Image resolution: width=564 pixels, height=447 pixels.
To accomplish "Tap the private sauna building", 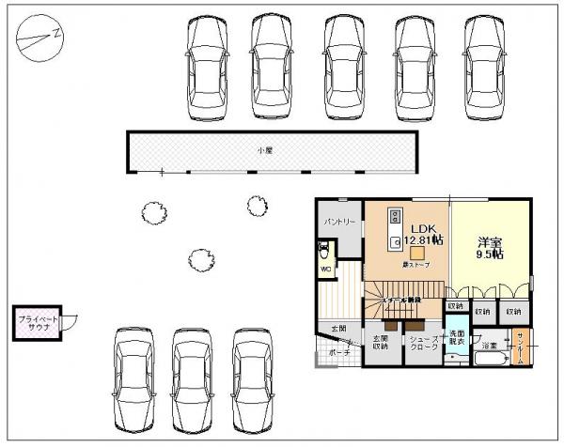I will click(x=37, y=326).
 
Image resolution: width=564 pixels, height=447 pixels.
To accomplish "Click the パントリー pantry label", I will click(x=338, y=223).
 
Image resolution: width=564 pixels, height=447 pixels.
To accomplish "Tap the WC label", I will click(x=325, y=270).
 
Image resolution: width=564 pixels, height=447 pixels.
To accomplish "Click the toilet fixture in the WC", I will click(x=325, y=251).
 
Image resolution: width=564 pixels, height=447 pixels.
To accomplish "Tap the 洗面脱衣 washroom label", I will click(x=457, y=338).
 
